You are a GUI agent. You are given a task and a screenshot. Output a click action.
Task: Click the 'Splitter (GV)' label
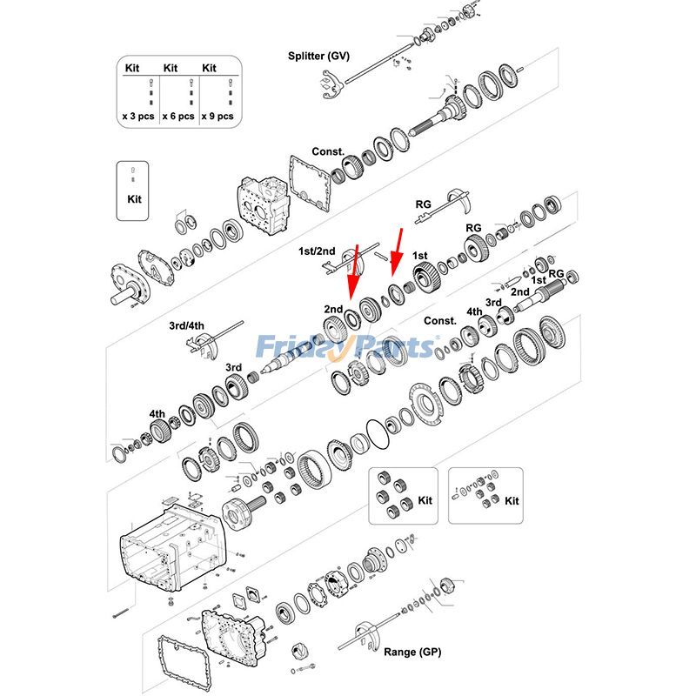click(318, 57)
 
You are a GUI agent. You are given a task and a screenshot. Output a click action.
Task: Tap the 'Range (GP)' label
click(412, 652)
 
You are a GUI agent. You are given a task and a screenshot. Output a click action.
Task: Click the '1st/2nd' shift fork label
click(318, 251)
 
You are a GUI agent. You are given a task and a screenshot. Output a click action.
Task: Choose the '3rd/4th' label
click(186, 326)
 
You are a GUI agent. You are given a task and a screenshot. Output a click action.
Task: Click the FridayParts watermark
click(346, 347)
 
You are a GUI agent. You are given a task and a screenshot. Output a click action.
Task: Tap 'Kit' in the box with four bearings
click(425, 501)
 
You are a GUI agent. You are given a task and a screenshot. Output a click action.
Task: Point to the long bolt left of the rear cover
click(122, 615)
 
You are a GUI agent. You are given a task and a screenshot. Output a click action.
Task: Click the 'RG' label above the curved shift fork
click(424, 204)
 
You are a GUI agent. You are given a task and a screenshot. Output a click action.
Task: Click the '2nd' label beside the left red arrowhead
click(333, 309)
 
